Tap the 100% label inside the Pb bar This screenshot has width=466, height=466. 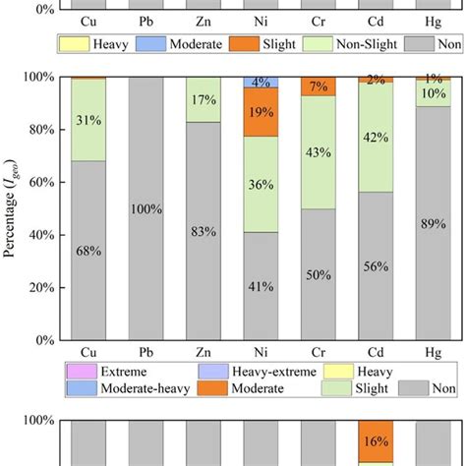146,208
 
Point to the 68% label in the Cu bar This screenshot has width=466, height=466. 88,251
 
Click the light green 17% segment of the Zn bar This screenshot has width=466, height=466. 203,99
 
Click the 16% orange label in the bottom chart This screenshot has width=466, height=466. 374,440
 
